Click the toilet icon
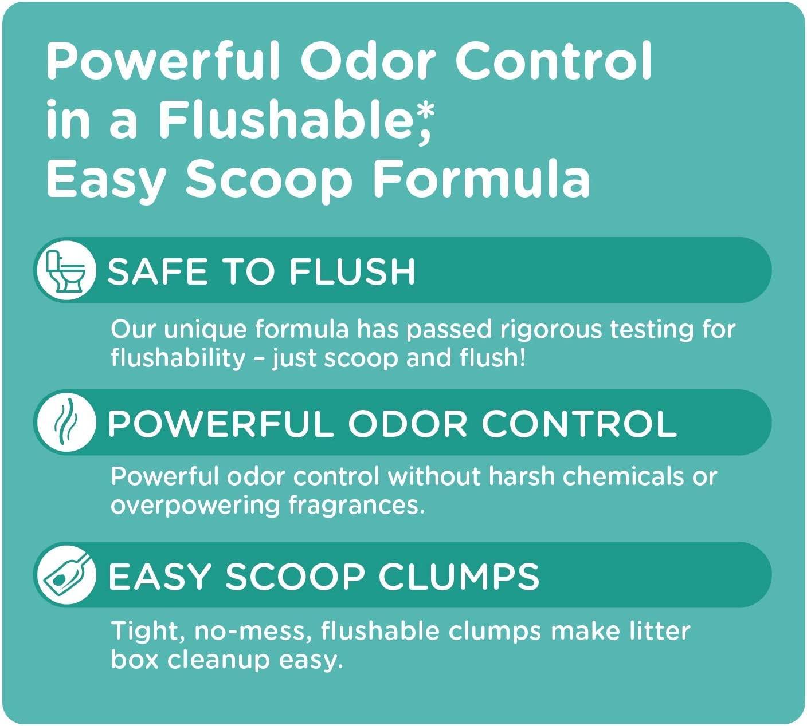pyautogui.click(x=64, y=270)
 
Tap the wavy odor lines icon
pyautogui.click(x=64, y=423)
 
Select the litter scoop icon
pyautogui.click(x=64, y=575)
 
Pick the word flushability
pyautogui.click(x=178, y=358)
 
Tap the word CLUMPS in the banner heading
pyautogui.click(x=459, y=576)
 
